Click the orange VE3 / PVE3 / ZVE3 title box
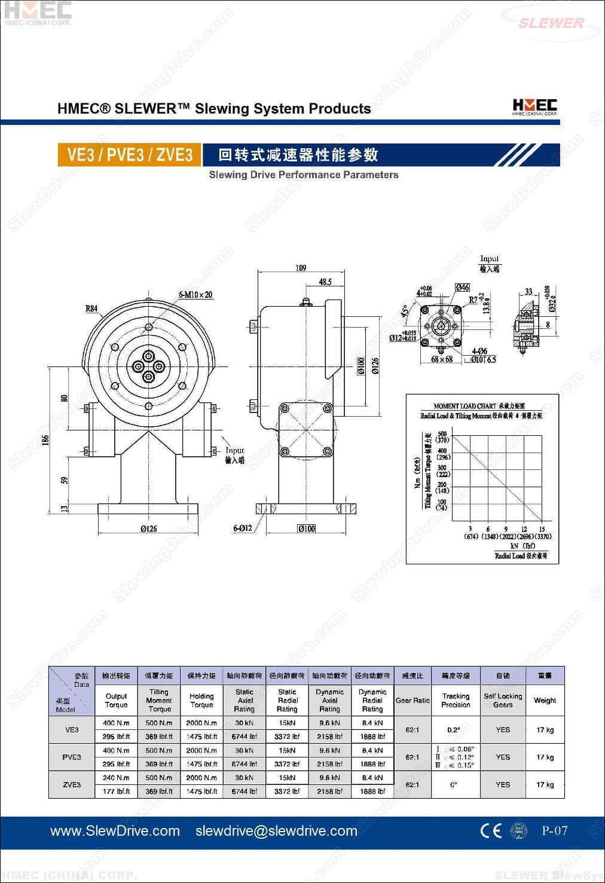[x=129, y=155]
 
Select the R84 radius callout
[x=91, y=308]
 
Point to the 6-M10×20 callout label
[x=195, y=295]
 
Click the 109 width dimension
[x=301, y=268]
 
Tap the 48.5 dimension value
[x=325, y=282]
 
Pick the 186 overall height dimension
[x=46, y=440]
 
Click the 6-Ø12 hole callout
[x=242, y=528]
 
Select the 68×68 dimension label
[x=442, y=359]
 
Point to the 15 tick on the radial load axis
[x=542, y=529]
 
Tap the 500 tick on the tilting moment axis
[x=442, y=434]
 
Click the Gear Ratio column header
[x=412, y=700]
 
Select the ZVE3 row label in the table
[x=72, y=784]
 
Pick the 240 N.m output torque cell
[x=116, y=778]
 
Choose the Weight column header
[x=545, y=700]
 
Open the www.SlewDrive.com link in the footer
[x=115, y=831]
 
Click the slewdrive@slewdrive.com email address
[x=276, y=831]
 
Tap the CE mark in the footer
[x=491, y=831]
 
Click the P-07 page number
[x=554, y=830]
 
